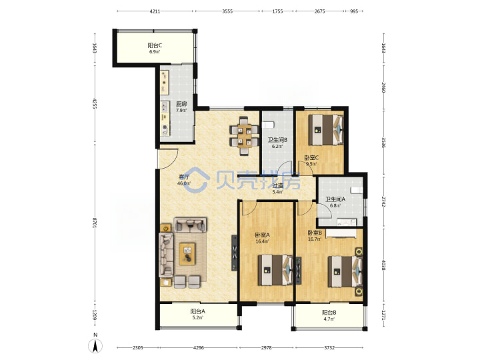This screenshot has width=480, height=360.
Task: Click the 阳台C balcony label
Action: (155, 45)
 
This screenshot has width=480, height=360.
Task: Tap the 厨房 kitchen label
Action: (181, 104)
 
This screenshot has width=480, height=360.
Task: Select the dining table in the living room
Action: (244, 136)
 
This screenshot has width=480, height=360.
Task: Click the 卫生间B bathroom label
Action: (277, 140)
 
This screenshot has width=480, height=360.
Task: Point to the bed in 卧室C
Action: (326, 129)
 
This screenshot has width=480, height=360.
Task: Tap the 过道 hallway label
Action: (277, 185)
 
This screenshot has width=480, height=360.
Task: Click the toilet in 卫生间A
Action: (356, 190)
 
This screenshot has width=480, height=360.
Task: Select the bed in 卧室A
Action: (275, 270)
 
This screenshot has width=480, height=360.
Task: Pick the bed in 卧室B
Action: (345, 271)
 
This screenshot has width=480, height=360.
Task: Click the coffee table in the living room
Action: (187, 254)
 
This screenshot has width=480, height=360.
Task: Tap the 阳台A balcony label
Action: (198, 311)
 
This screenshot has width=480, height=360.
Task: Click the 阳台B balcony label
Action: (329, 313)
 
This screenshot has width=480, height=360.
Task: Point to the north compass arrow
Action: (95, 347)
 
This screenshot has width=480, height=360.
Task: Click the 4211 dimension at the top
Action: (155, 11)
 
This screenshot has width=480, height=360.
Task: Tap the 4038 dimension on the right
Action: (383, 265)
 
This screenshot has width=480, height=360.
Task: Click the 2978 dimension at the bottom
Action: (266, 348)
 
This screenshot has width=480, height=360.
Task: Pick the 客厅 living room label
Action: (184, 177)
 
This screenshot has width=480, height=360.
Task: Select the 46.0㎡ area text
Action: (184, 184)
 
